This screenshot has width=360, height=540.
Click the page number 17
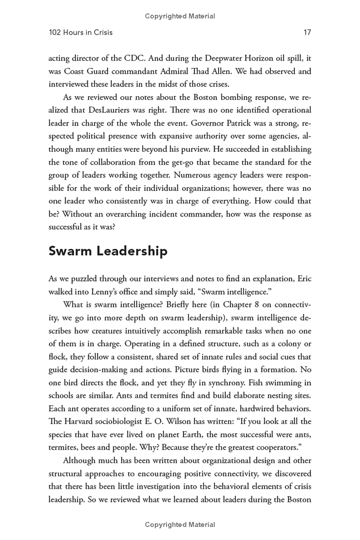tap(307, 32)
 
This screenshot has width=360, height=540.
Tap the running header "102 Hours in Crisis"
tap(81, 32)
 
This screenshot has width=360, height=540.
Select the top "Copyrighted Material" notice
tap(180, 16)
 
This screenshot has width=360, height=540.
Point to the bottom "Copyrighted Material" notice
tap(180, 525)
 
